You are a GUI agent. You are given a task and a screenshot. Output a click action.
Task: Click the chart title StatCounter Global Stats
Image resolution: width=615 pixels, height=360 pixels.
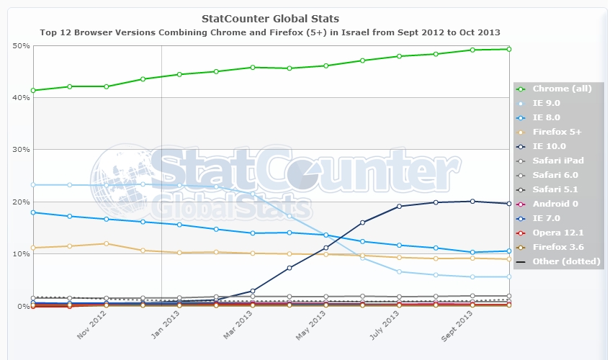click(x=270, y=18)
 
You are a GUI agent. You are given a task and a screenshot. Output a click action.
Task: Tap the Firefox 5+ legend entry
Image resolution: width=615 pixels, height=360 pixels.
click(x=556, y=132)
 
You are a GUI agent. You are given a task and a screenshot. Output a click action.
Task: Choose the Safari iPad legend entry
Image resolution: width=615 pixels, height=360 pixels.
click(x=558, y=161)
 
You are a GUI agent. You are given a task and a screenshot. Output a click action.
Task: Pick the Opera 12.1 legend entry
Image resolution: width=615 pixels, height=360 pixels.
click(x=558, y=233)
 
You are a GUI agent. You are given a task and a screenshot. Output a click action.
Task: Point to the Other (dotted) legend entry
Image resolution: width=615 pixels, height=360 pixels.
click(x=566, y=261)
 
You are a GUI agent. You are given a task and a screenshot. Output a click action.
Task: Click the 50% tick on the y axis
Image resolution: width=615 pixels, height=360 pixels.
click(x=21, y=45)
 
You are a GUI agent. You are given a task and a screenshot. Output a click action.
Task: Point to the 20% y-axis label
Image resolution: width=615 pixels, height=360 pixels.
click(x=21, y=202)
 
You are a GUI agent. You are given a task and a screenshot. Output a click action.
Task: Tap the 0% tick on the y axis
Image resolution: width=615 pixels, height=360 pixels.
click(x=22, y=306)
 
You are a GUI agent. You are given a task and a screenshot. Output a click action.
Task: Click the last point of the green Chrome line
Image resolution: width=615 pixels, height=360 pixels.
click(x=508, y=49)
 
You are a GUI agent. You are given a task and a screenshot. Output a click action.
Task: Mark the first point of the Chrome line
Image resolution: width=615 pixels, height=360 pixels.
click(x=33, y=90)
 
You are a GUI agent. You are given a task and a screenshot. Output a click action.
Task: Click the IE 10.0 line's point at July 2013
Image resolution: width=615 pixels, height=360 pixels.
click(x=399, y=207)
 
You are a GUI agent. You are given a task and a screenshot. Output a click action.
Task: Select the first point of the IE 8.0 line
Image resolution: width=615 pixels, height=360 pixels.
click(x=33, y=212)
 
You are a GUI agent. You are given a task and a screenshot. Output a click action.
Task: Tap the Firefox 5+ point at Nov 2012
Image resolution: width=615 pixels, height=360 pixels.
click(x=107, y=243)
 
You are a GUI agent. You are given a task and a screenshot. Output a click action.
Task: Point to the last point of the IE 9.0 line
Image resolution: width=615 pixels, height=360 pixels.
click(x=508, y=276)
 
